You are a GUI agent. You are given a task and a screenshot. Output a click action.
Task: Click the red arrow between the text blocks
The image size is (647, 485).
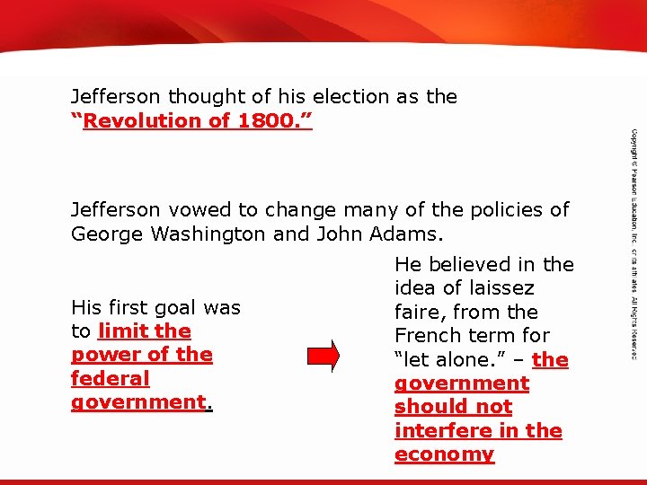click(x=331, y=355)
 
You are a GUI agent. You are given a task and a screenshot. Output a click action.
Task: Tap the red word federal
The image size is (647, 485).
click(x=110, y=378)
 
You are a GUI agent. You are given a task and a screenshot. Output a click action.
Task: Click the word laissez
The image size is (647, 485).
click(x=493, y=288)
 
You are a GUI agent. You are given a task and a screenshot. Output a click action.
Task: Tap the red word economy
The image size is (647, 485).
click(x=444, y=454)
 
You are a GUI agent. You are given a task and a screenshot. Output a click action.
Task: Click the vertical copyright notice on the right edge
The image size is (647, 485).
click(x=634, y=242)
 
